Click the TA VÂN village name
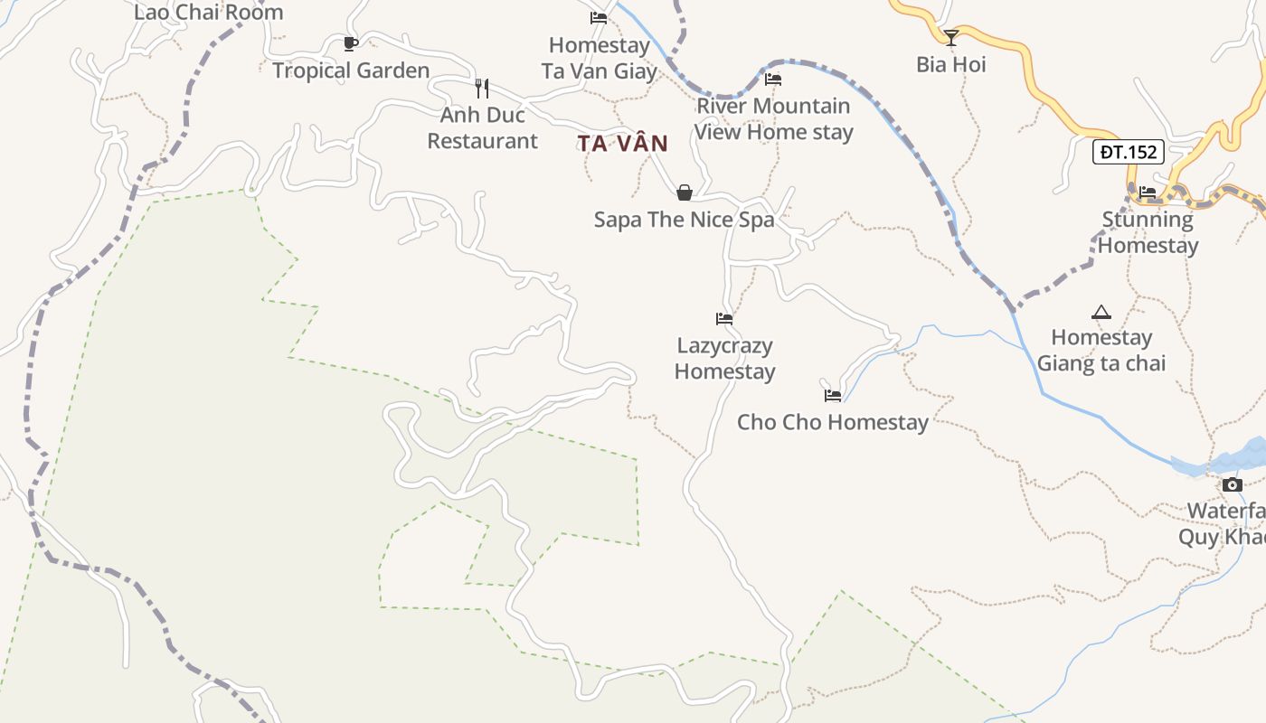pyautogui.click(x=623, y=143)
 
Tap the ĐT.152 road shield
pyautogui.click(x=1128, y=152)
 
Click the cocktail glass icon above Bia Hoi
pyautogui.click(x=950, y=37)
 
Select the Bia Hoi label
pyautogui.click(x=950, y=64)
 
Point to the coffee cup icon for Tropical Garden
pyautogui.click(x=351, y=43)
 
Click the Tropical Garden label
pyautogui.click(x=351, y=70)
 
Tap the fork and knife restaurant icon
pyautogui.click(x=482, y=88)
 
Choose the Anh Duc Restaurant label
pyautogui.click(x=482, y=128)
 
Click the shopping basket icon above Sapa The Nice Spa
pyautogui.click(x=685, y=192)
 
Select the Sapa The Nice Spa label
pyautogui.click(x=685, y=220)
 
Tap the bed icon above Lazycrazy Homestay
pyautogui.click(x=724, y=318)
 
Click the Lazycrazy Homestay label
pyautogui.click(x=724, y=359)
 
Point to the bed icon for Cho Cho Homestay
pyautogui.click(x=833, y=396)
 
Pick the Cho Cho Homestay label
pyautogui.click(x=833, y=422)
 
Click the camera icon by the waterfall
pyautogui.click(x=1232, y=485)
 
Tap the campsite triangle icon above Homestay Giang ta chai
pyautogui.click(x=1101, y=313)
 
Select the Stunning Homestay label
pyautogui.click(x=1148, y=232)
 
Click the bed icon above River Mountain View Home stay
pyautogui.click(x=773, y=80)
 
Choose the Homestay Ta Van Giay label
pyautogui.click(x=599, y=58)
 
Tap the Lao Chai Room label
pyautogui.click(x=209, y=13)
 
